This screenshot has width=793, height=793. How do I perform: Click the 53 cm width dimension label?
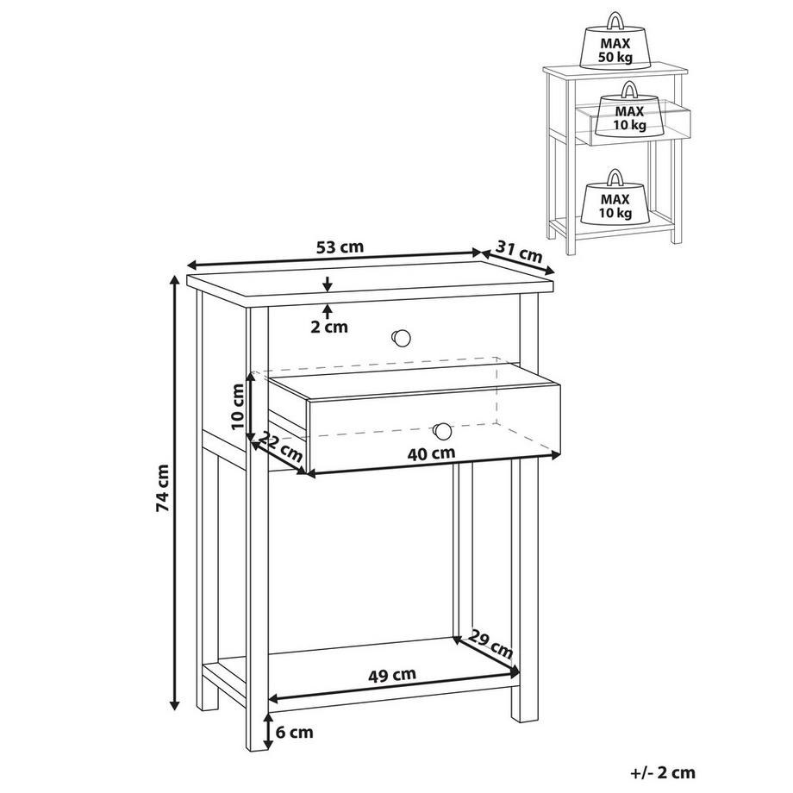pos(340,247)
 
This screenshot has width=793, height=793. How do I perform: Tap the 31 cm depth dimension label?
pos(520,252)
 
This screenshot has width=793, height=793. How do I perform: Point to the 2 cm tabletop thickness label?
pos(329,327)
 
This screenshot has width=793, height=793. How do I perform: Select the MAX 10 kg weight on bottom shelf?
pos(614,200)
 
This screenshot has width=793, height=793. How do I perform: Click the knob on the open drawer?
pos(442,429)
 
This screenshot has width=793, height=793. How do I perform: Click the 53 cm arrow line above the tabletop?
pos(336,259)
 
